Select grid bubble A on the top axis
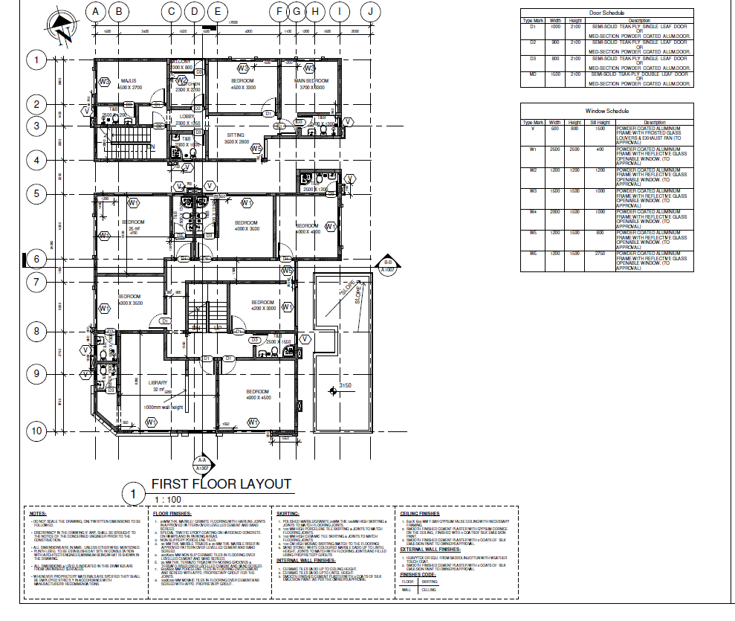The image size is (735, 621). point(95,11)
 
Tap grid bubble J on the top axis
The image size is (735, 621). point(369,11)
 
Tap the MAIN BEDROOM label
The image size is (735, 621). point(311,80)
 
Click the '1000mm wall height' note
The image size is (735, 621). point(163,407)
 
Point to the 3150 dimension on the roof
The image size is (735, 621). point(345,385)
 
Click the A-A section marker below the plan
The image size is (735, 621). point(201,465)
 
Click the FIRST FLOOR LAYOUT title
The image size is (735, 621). point(221,484)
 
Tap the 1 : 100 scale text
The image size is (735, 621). point(169,499)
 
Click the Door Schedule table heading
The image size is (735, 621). point(607,13)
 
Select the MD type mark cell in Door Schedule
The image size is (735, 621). point(532,74)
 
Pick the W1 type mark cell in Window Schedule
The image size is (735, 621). point(532,149)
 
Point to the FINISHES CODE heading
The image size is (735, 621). point(418,574)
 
